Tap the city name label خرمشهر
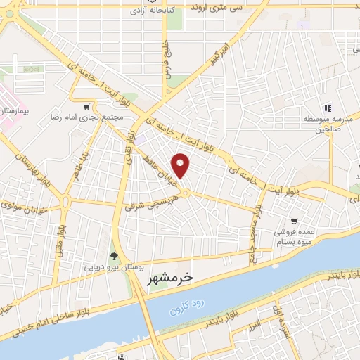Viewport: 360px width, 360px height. point(169,281)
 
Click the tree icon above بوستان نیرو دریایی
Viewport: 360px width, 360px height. point(115,255)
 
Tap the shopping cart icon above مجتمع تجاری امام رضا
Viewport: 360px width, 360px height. point(86,108)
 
